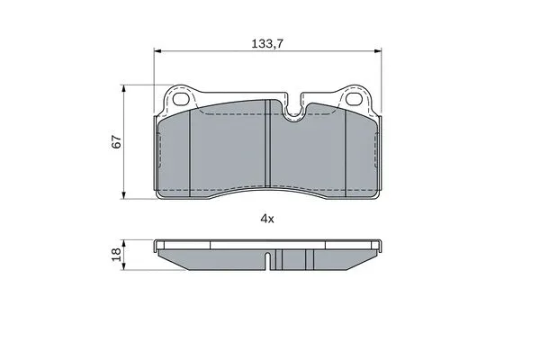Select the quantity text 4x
tap(266, 219)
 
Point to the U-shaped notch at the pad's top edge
tap(292, 111)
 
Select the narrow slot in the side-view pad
tap(268, 260)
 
